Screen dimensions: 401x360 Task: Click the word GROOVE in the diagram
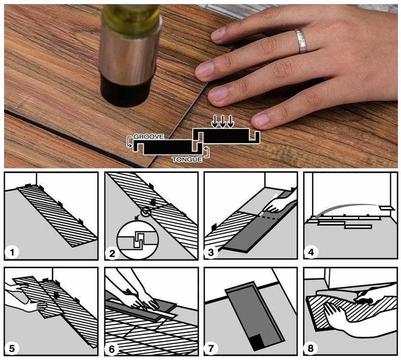[149, 137]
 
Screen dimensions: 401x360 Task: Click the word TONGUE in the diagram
[187, 160]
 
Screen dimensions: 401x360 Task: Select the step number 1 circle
[12, 253]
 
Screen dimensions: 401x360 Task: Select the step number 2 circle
[112, 253]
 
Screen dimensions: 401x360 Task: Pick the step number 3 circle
[211, 253]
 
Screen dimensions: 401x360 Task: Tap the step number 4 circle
[311, 253]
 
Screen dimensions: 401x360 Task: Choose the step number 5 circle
[12, 348]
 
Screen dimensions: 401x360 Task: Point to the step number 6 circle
[112, 349]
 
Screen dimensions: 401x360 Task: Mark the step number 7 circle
[211, 348]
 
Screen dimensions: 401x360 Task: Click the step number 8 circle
[311, 348]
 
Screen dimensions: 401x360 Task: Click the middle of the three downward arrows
[223, 121]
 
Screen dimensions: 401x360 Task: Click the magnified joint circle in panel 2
[138, 241]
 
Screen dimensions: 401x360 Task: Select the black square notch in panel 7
[258, 342]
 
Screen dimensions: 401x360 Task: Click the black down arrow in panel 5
[57, 295]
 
